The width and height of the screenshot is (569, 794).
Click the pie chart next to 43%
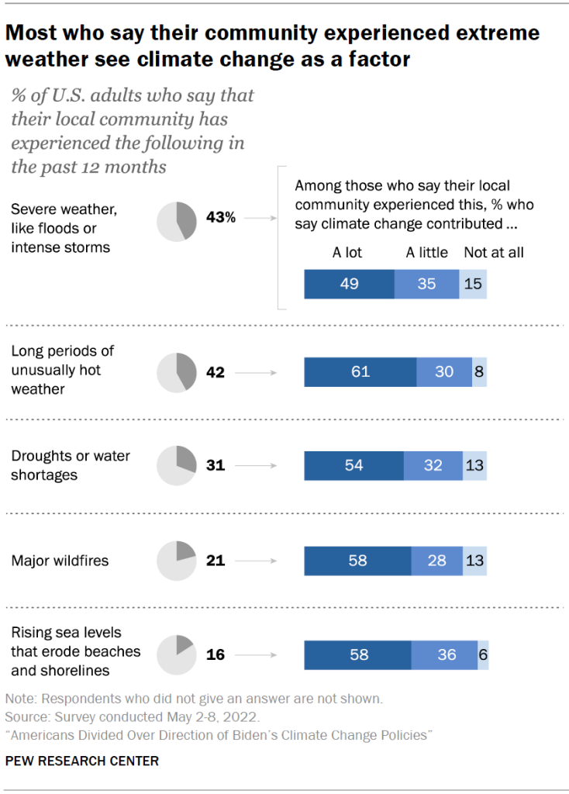point(177,219)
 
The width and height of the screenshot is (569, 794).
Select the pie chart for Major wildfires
point(177,560)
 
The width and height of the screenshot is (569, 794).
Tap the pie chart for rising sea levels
point(177,654)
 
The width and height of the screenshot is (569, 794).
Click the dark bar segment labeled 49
point(349,284)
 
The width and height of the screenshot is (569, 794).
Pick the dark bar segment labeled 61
point(360,372)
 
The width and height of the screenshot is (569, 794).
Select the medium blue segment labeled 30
point(444,372)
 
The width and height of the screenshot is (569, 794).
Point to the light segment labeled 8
point(479,372)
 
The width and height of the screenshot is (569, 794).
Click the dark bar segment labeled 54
point(353,465)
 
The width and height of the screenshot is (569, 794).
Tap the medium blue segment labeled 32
point(433,465)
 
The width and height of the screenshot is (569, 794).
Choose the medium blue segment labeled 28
point(437,560)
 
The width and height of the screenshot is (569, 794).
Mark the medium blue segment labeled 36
point(445,654)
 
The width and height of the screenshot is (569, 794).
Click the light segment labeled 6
point(483,654)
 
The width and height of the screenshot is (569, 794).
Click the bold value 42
point(216,372)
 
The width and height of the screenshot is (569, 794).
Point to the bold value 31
point(216,465)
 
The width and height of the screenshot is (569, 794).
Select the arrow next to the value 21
point(255,560)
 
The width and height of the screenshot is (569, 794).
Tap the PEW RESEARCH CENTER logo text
point(81,761)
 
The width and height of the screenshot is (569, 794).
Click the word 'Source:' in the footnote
point(26,716)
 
